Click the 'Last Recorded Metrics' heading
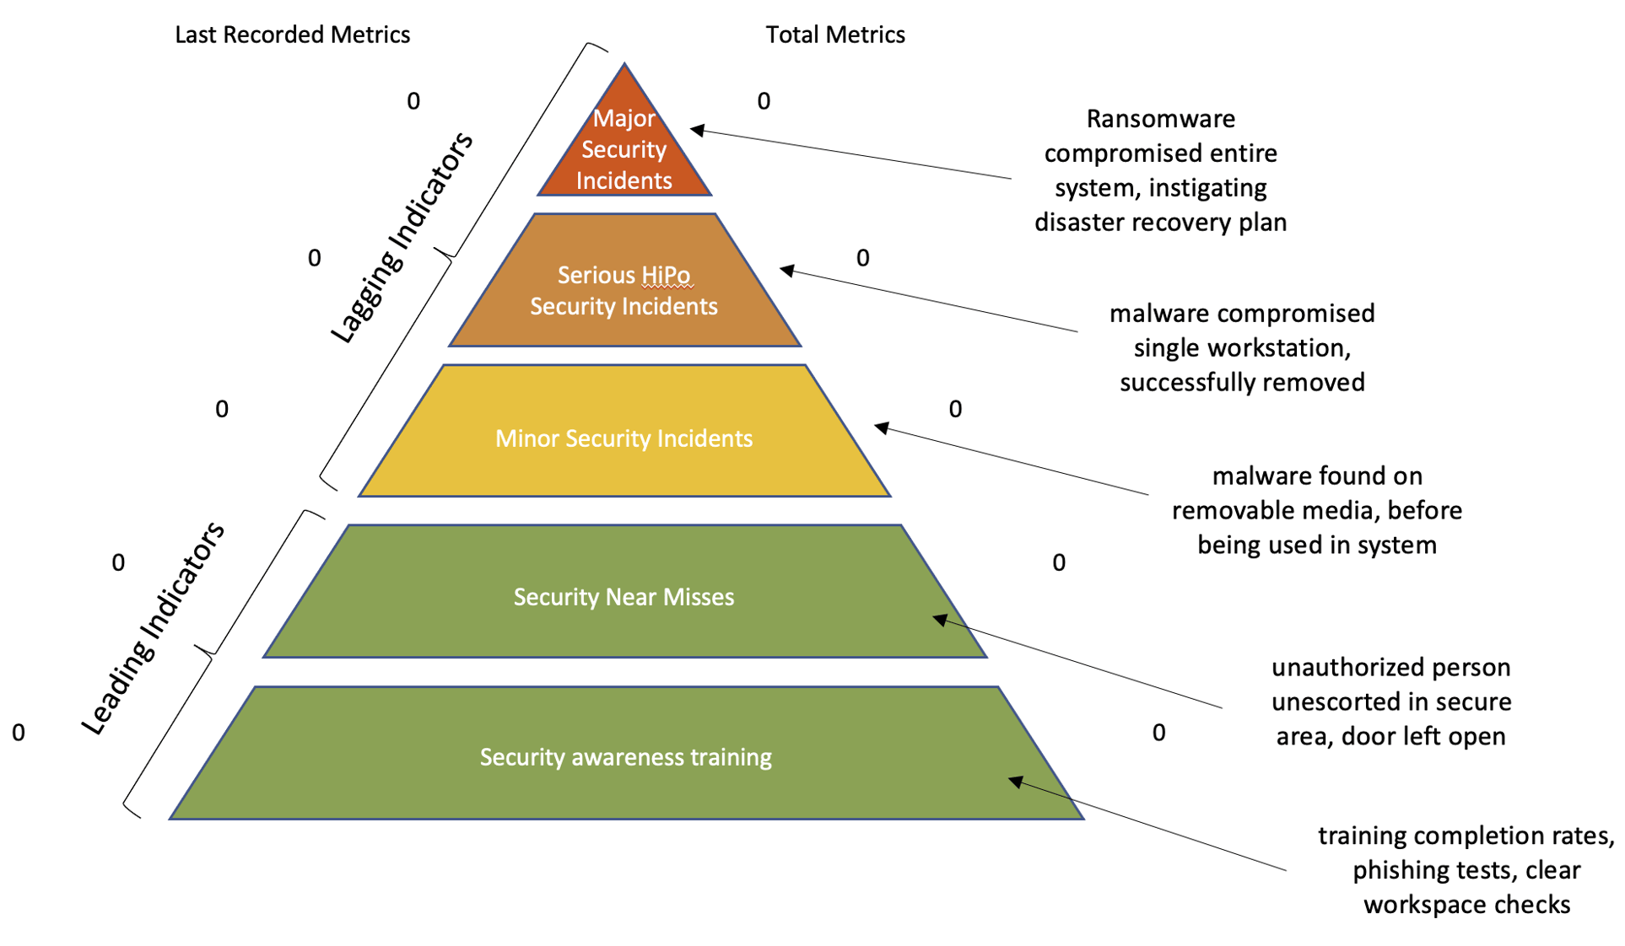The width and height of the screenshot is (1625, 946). [292, 35]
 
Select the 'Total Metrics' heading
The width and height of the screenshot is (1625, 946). [834, 35]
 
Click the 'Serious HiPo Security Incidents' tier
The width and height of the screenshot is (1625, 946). [624, 290]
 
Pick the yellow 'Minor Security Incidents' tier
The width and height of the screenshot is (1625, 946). [624, 438]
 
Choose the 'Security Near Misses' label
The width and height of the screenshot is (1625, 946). [624, 597]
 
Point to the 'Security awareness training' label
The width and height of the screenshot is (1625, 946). [625, 757]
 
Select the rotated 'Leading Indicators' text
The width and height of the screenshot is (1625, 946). [153, 628]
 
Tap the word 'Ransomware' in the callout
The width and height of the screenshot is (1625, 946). [1160, 119]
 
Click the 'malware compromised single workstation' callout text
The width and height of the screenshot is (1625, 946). [1241, 347]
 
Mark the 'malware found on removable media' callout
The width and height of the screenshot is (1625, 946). [1316, 510]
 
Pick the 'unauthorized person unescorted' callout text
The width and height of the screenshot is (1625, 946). [1390, 701]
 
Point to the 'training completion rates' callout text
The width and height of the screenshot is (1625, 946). [1466, 869]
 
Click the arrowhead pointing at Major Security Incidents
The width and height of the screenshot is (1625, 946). [697, 130]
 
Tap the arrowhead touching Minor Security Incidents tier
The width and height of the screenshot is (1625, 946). [881, 427]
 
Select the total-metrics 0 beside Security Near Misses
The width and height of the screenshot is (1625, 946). [1059, 562]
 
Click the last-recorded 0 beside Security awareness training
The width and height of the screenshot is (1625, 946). [19, 733]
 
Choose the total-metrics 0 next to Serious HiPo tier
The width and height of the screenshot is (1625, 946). [862, 258]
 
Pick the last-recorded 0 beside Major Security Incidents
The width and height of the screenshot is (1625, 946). [413, 101]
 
